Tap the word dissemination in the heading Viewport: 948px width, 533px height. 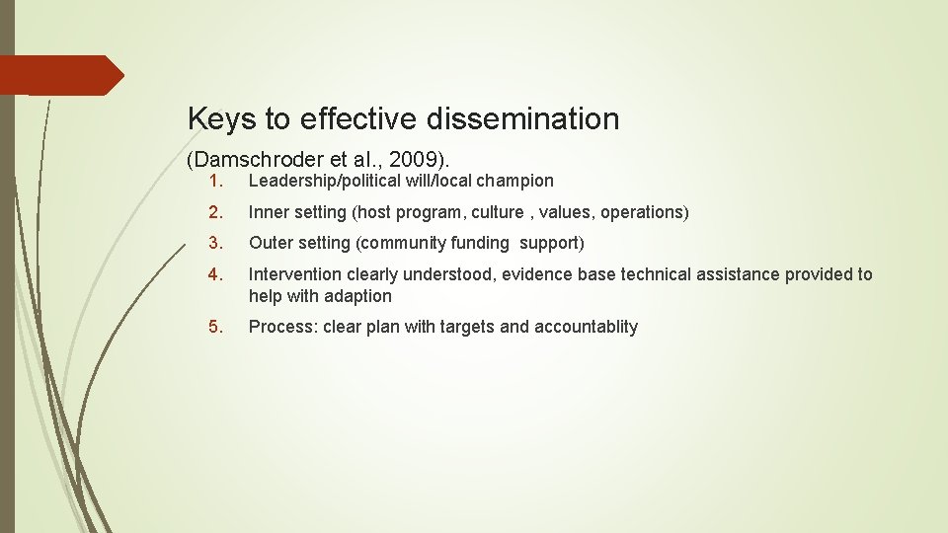point(523,119)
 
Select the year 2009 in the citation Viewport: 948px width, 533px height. point(416,159)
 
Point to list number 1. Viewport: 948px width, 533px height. point(218,181)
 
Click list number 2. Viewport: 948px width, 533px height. point(217,212)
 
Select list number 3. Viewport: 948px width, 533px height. point(217,243)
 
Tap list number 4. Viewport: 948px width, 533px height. point(217,274)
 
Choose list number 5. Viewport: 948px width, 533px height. point(217,327)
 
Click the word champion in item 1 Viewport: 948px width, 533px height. point(515,181)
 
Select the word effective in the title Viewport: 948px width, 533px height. point(359,119)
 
